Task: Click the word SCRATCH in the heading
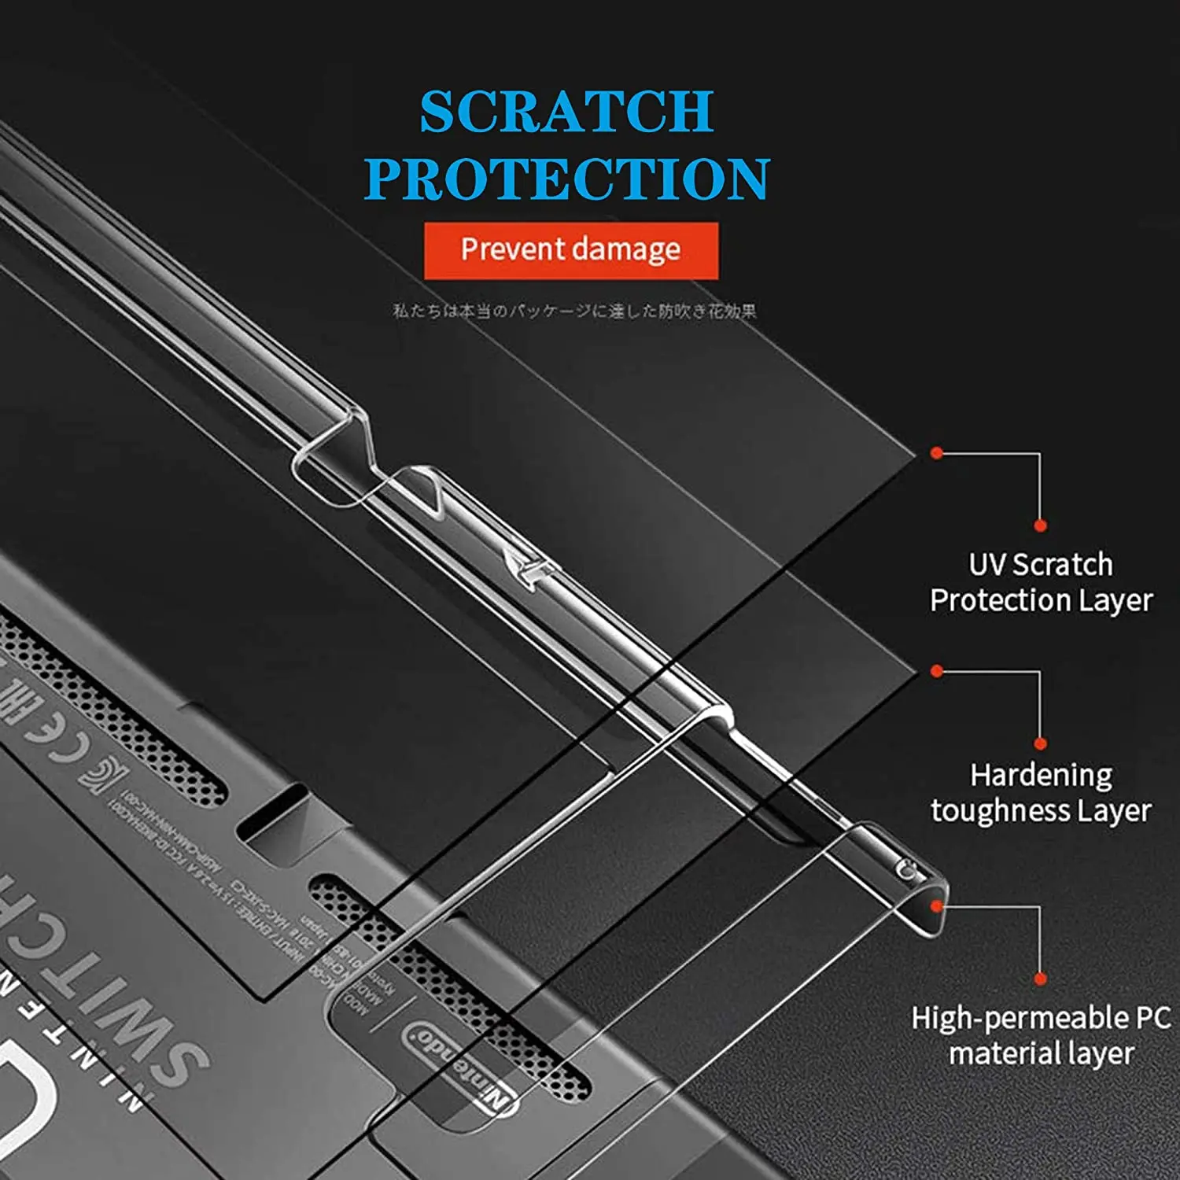[566, 112]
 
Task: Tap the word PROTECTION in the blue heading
[566, 179]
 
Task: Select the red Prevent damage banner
[570, 250]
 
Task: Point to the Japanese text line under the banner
[574, 311]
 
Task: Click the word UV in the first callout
[986, 565]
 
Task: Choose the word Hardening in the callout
[1041, 776]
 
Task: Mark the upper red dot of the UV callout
[936, 453]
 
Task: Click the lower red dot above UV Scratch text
[1040, 525]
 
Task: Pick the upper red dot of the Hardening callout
[936, 671]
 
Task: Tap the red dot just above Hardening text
[1040, 743]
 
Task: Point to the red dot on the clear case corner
[936, 906]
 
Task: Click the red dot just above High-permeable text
[1040, 979]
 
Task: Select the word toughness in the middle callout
[999, 811]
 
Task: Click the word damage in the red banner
[627, 250]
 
